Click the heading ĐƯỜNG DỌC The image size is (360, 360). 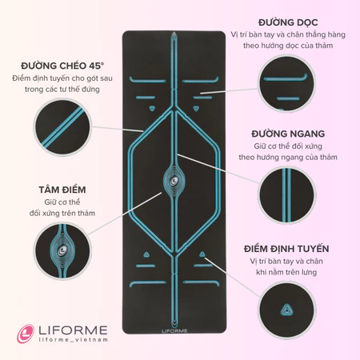(x=288, y=22)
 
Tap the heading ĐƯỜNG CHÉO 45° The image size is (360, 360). (x=62, y=66)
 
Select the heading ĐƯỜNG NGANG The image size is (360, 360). (x=288, y=134)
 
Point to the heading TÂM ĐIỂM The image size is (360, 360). (x=62, y=190)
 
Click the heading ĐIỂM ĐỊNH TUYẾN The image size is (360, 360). (x=286, y=249)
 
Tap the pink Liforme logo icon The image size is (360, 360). (x=26, y=334)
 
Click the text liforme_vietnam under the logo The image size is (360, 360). (x=74, y=340)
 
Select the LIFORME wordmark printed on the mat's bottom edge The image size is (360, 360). (x=174, y=331)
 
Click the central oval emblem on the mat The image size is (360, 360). (x=174, y=181)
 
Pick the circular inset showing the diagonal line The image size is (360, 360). (x=62, y=126)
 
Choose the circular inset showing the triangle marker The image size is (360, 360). (x=287, y=310)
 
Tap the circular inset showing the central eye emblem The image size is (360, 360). (x=62, y=251)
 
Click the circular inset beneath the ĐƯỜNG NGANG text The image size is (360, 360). (x=287, y=195)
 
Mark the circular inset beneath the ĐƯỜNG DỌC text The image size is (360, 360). (x=287, y=83)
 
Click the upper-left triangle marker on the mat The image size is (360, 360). (x=152, y=108)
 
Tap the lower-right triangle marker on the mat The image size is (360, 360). (x=202, y=254)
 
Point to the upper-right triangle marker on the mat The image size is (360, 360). (x=197, y=108)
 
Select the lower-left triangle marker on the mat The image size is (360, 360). (x=146, y=254)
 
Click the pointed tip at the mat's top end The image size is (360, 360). (x=174, y=32)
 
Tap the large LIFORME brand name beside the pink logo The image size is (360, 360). (x=73, y=330)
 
